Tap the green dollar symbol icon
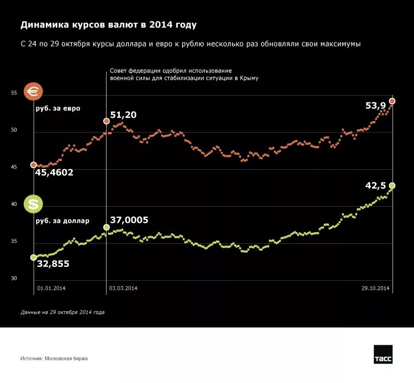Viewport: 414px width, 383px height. tap(34, 204)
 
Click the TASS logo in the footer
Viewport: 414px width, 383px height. tap(383, 355)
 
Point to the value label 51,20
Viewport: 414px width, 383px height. tap(123, 115)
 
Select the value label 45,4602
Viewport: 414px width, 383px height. tap(54, 173)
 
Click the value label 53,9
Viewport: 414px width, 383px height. tap(375, 106)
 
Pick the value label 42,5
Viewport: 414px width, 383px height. tap(375, 186)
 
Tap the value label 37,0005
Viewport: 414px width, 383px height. tap(129, 220)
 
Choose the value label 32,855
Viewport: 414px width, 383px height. tap(53, 264)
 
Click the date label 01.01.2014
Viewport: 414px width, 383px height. tap(51, 288)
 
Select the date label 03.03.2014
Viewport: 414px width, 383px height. tap(123, 288)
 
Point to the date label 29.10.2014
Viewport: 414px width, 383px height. tap(376, 288)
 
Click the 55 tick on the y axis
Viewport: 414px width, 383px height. tap(14, 93)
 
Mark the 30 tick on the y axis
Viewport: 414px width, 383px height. tap(14, 278)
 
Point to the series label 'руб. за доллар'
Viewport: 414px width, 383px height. tap(62, 221)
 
